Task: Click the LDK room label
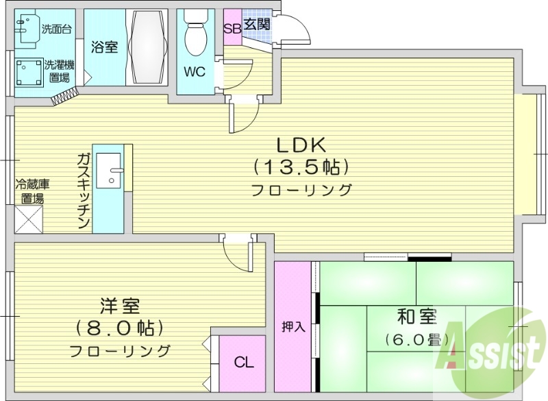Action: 303,145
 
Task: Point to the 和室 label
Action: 416,317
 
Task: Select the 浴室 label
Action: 103,47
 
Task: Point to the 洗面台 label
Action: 57,29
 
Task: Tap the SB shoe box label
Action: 232,28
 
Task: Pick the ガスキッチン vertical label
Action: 84,191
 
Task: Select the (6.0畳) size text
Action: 416,339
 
